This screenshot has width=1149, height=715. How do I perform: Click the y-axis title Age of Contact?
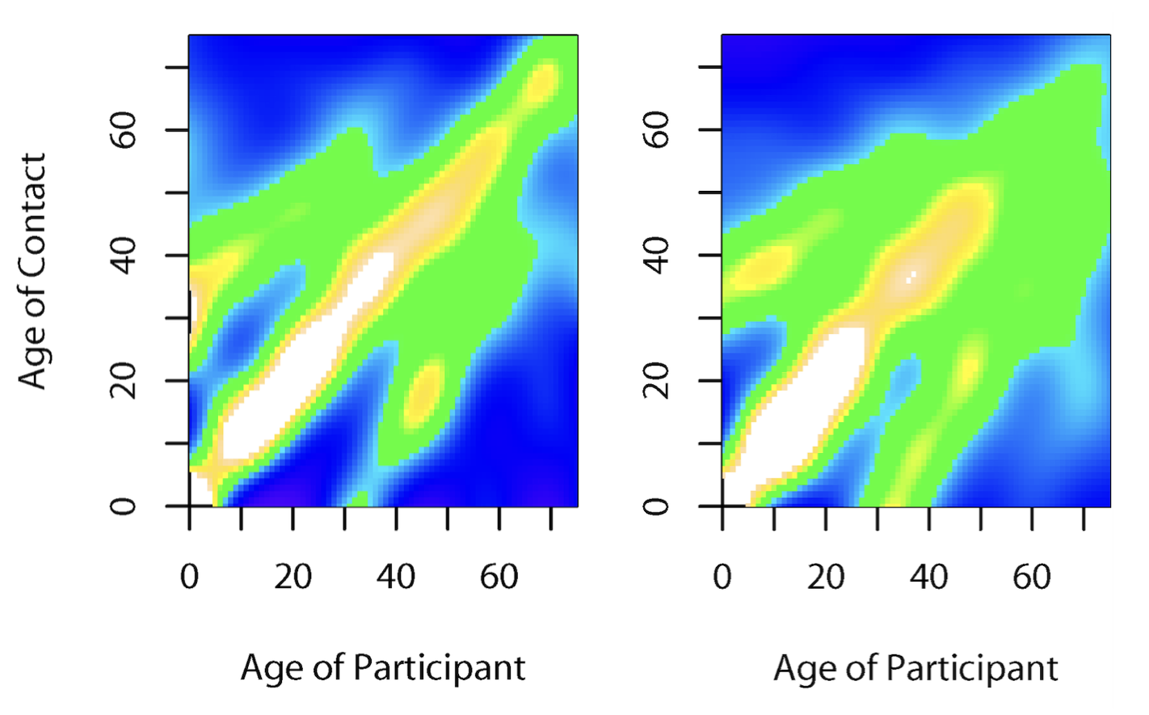(32, 271)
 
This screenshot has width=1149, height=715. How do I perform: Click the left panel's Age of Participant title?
(383, 669)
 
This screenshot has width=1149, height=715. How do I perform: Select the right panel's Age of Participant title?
(915, 669)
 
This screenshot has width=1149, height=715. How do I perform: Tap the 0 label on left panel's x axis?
(189, 577)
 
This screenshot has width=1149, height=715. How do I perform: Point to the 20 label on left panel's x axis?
(293, 577)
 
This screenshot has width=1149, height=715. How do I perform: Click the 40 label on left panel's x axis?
(396, 577)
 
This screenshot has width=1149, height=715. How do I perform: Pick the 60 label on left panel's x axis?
(499, 577)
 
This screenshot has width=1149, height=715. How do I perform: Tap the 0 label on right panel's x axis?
(722, 577)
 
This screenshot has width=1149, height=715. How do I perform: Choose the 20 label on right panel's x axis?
(826, 577)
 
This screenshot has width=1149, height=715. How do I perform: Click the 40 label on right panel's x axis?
(928, 577)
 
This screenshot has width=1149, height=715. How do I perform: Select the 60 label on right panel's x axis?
(1032, 577)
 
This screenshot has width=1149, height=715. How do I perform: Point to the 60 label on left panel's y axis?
(124, 129)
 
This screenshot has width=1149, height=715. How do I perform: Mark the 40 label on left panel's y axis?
(124, 255)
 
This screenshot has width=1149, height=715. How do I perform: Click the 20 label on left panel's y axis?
(124, 380)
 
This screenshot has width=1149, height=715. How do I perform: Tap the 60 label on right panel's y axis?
(657, 129)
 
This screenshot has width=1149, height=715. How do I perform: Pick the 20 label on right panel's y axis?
(657, 380)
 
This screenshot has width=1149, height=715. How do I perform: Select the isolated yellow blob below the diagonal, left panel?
(423, 394)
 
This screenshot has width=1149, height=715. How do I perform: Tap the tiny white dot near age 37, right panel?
(911, 277)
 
